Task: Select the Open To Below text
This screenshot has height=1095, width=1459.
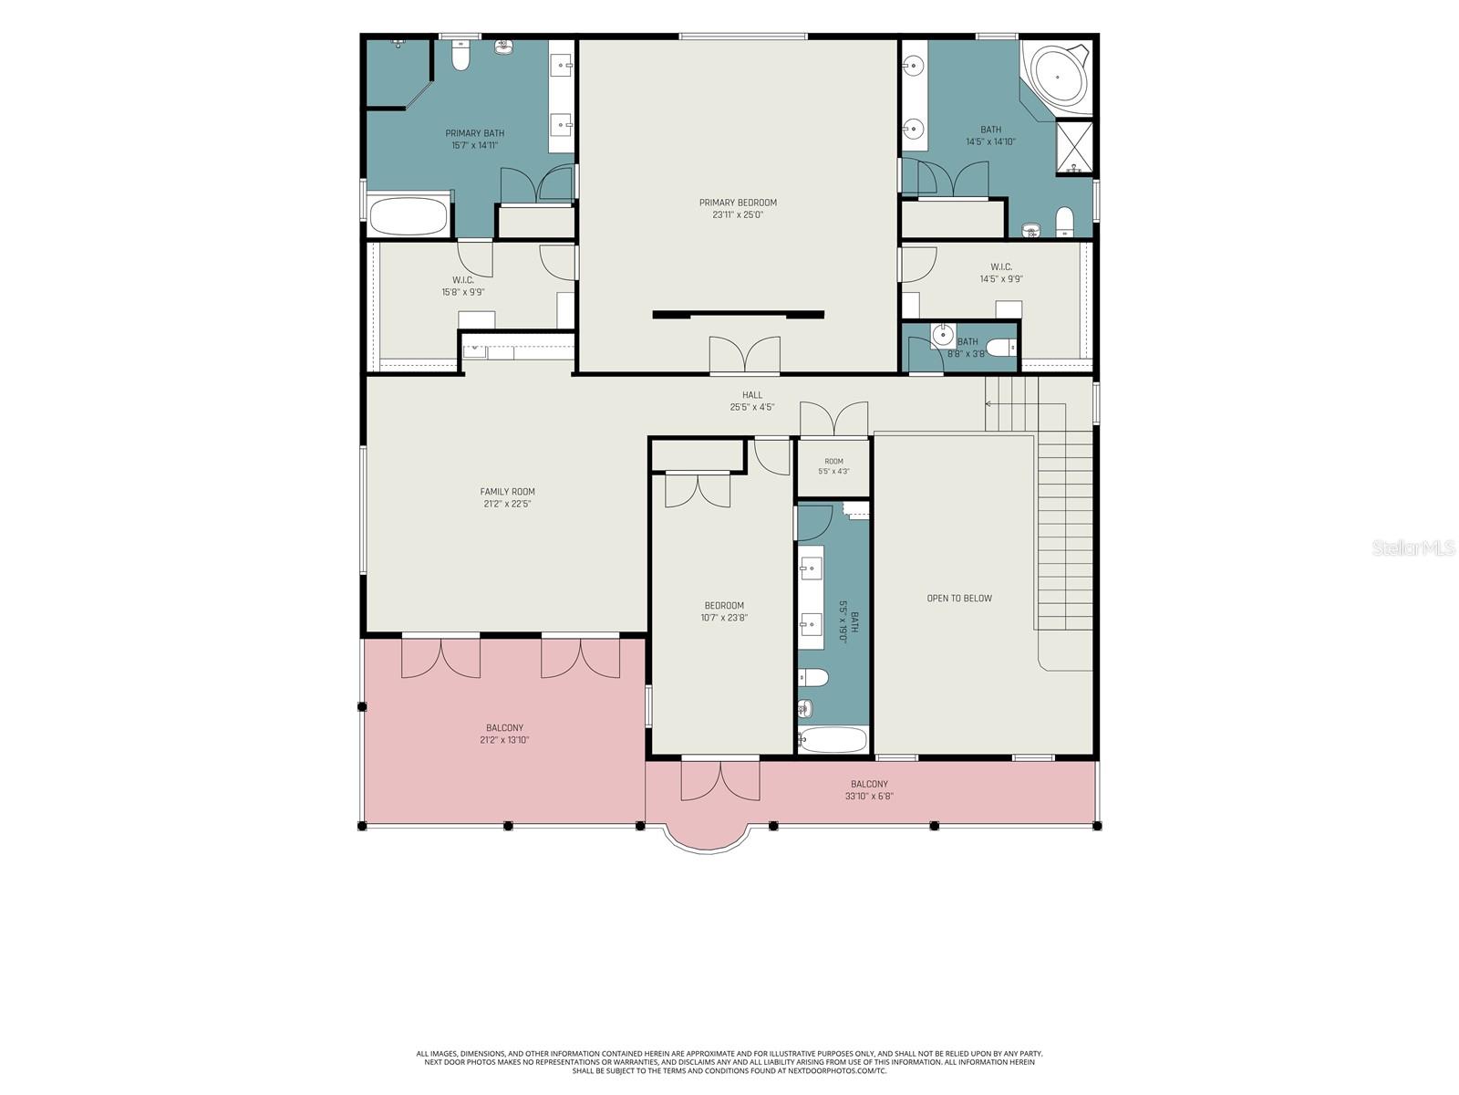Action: [x=959, y=598]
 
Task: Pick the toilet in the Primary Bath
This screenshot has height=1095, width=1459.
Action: [x=460, y=55]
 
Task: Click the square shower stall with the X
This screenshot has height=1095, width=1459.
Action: [x=1073, y=146]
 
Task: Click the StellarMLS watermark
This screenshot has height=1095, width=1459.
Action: [x=1413, y=547]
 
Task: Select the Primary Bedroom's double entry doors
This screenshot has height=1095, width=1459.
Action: [x=744, y=354]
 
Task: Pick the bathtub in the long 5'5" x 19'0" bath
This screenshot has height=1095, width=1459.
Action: [x=833, y=739]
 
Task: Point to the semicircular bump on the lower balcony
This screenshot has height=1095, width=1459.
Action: [x=708, y=839]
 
